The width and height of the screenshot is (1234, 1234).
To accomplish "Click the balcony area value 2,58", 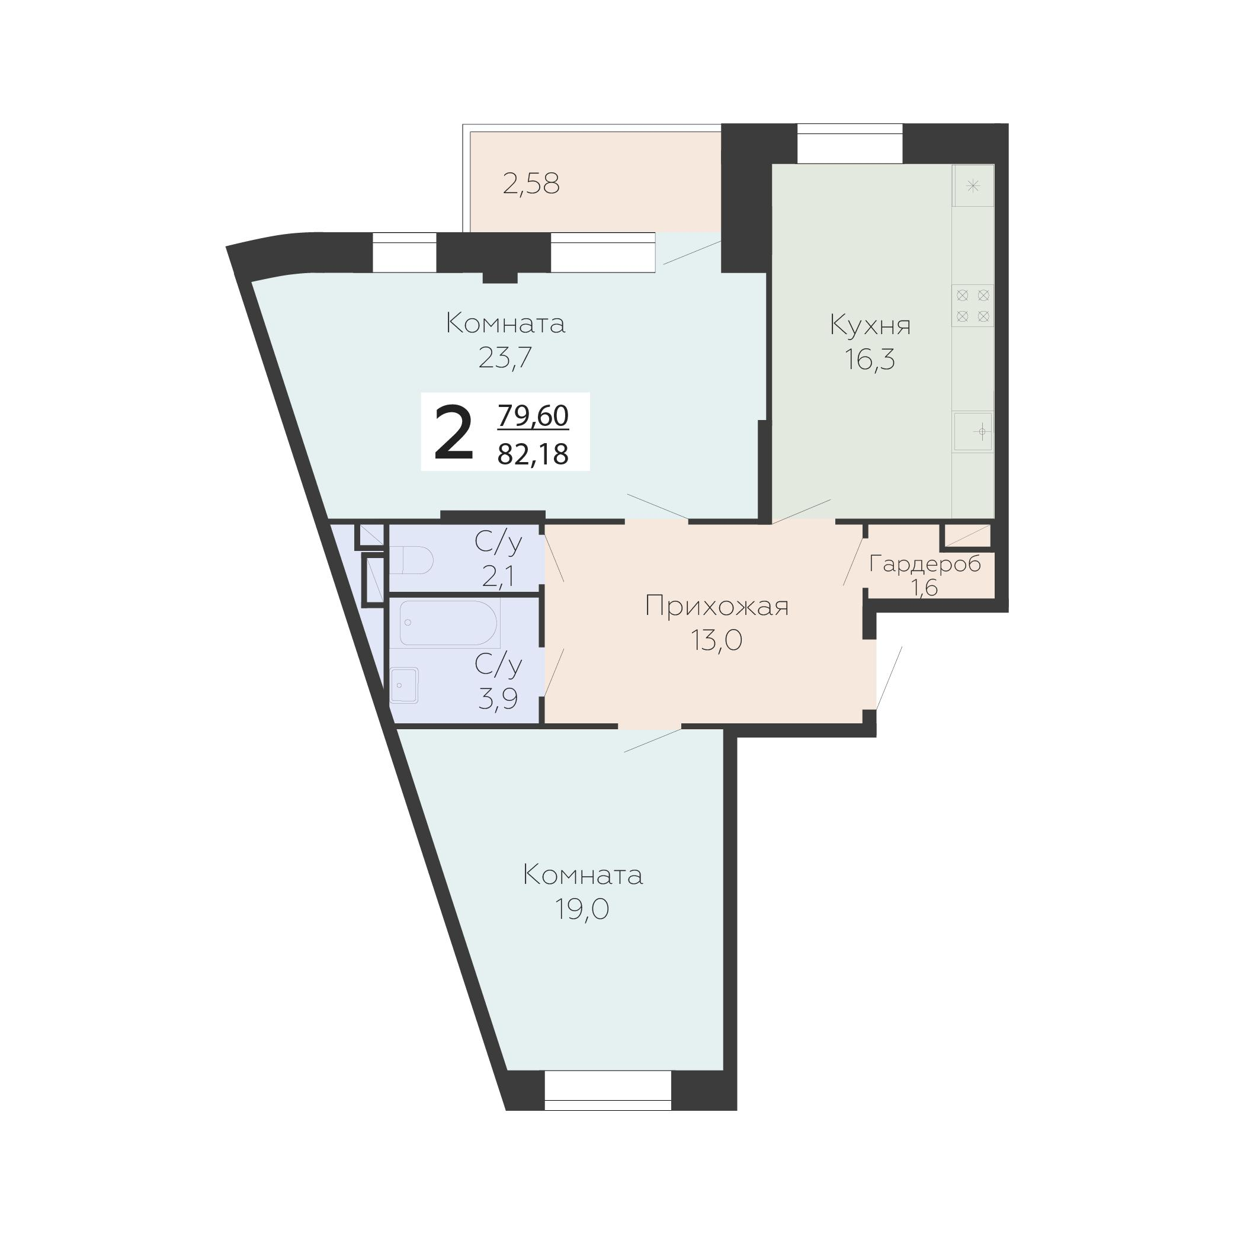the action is tap(531, 184).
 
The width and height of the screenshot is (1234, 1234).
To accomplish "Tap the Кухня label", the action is tap(870, 325).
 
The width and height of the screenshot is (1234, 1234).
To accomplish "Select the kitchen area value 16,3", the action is tap(870, 360).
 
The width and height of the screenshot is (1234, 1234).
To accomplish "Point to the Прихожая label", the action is tap(717, 606).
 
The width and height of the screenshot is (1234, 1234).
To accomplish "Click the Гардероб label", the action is tap(925, 564).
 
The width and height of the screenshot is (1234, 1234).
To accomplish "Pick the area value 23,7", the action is tap(505, 358).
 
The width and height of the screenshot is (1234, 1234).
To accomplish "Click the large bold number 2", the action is tap(453, 433).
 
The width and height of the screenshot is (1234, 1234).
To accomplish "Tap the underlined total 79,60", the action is tap(533, 415).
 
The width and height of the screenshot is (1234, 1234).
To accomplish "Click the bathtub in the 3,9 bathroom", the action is tap(448, 623).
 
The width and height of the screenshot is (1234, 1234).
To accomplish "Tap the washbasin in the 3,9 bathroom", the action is tap(403, 685).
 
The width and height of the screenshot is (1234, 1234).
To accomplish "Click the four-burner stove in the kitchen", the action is tap(973, 305).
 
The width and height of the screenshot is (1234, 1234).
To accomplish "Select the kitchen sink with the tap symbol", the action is tap(973, 432).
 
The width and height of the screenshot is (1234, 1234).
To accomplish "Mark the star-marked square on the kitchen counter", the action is tap(973, 186).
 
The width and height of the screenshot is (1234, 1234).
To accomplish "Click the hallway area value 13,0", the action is tap(717, 640).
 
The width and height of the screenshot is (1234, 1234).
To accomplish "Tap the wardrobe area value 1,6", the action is tap(924, 588).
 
